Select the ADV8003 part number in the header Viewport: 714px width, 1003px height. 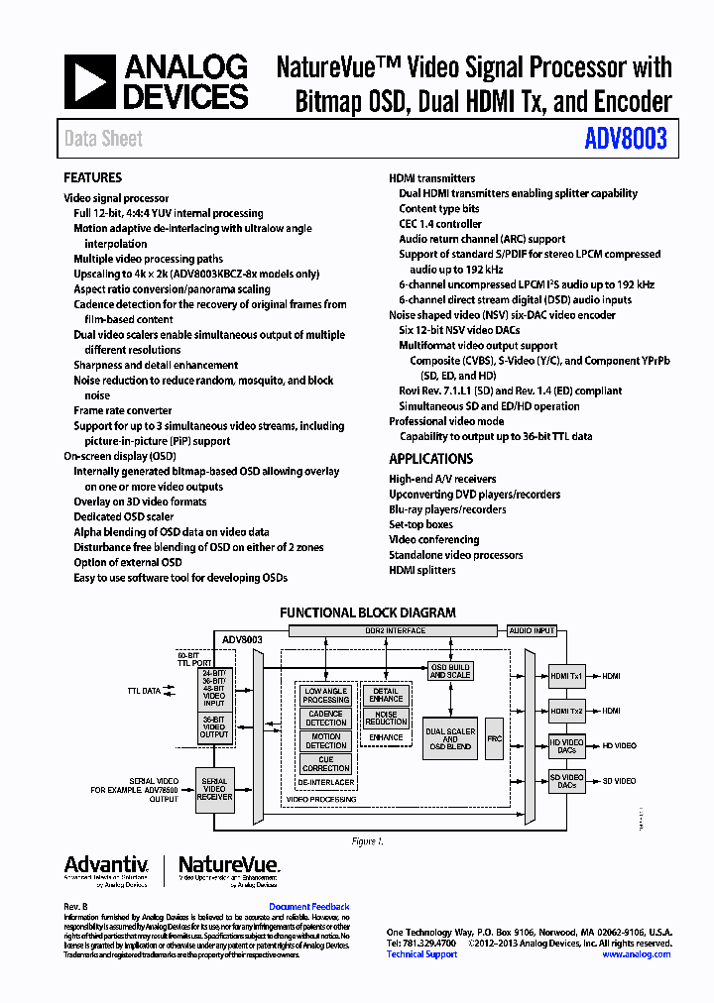[x=626, y=139]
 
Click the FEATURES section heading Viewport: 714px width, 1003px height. [x=92, y=177]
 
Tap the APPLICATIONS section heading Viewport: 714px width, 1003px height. [x=430, y=459]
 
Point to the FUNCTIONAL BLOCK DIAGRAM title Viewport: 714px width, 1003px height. [x=367, y=613]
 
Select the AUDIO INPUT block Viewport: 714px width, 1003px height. [x=532, y=630]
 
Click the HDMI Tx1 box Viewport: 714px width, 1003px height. [x=567, y=676]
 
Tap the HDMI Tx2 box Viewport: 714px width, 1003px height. [x=567, y=711]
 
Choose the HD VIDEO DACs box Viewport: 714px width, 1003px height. [x=567, y=746]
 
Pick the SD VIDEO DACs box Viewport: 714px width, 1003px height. [x=567, y=781]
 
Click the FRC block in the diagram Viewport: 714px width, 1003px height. [x=494, y=738]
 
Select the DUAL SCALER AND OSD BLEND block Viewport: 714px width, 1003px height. [x=449, y=738]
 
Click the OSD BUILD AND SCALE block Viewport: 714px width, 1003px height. [x=449, y=671]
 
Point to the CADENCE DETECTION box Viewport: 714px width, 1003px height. [x=325, y=718]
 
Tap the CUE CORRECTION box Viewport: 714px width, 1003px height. [x=325, y=763]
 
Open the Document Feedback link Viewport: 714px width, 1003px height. [x=308, y=907]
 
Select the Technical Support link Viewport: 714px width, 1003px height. [x=421, y=954]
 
